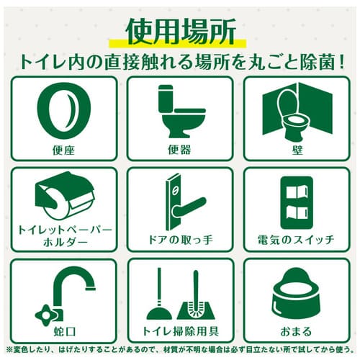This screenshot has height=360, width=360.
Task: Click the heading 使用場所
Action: (181, 32)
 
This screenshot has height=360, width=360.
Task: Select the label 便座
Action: (64, 150)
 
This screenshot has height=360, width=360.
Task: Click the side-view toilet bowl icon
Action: (182, 112)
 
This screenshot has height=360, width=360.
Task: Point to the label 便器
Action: (179, 150)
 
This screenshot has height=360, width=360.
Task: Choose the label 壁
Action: (297, 150)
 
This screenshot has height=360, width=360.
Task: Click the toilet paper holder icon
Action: (65, 195)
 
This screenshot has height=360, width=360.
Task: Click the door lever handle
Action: (189, 207)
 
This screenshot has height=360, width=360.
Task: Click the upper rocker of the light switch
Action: (297, 192)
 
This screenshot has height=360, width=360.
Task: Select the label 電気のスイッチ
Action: (296, 240)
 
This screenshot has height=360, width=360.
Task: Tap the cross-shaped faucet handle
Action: (45, 316)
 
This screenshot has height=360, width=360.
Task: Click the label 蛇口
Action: (64, 331)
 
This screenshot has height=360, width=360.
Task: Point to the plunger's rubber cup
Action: (159, 312)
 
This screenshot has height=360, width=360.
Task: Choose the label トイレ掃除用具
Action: (181, 331)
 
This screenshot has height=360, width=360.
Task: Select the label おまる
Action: (296, 331)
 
